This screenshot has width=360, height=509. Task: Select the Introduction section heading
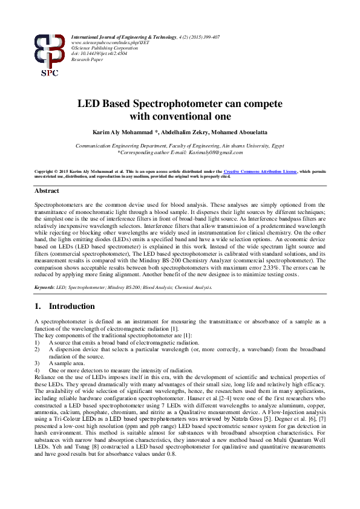71,306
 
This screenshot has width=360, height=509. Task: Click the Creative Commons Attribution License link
262,172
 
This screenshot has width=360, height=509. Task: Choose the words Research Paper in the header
87,59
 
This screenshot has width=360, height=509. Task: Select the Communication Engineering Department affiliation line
180,146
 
